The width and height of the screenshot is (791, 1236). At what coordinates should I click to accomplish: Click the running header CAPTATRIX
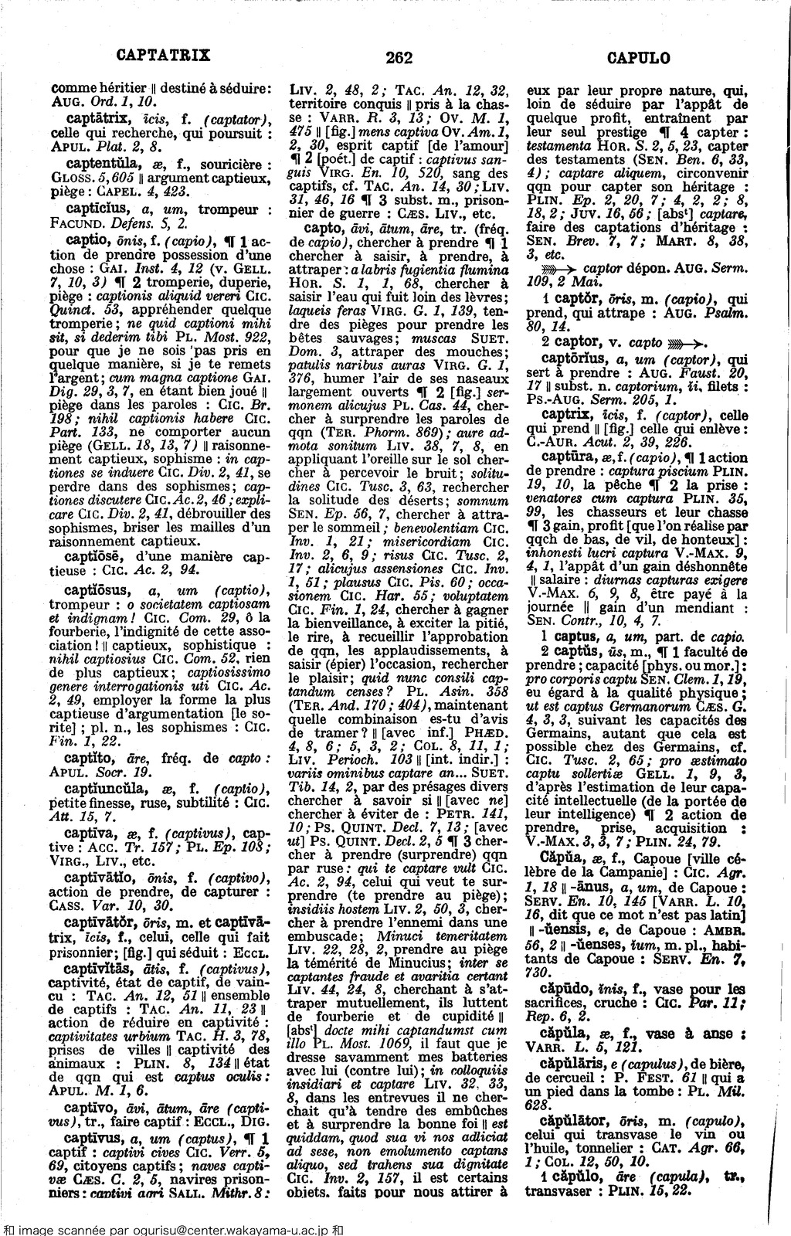(x=163, y=55)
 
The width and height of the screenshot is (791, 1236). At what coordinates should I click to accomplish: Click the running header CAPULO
(x=638, y=56)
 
